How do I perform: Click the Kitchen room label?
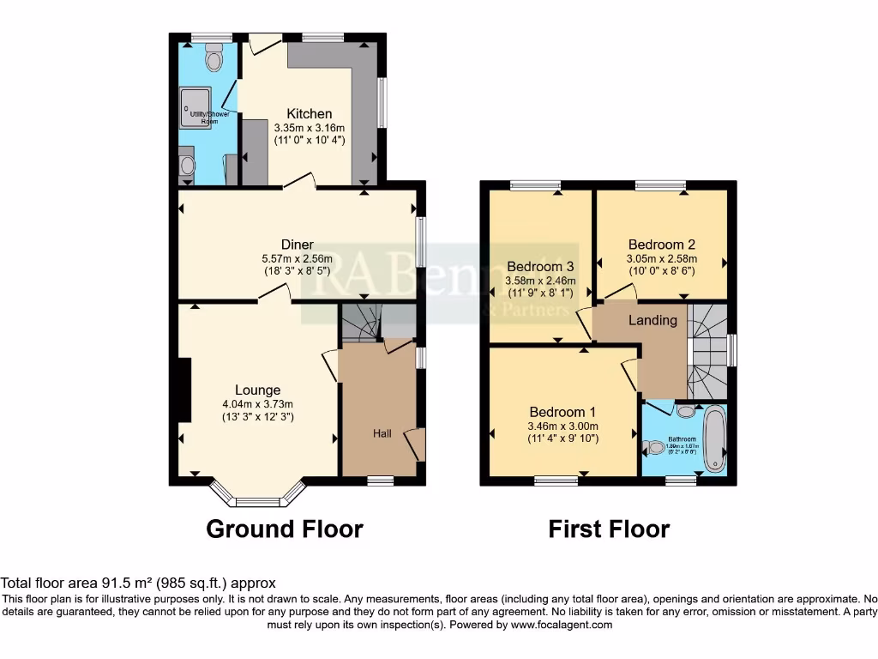[309, 113]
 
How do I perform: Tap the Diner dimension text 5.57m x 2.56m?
[297, 259]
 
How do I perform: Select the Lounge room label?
[258, 390]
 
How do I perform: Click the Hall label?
[382, 433]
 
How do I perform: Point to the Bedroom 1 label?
[563, 410]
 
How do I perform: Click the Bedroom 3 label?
[539, 266]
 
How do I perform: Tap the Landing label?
[652, 320]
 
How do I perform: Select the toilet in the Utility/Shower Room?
[213, 58]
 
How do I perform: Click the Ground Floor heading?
[285, 529]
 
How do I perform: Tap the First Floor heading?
[609, 529]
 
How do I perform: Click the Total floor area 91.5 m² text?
[138, 583]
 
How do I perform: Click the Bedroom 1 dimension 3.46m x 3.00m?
[563, 426]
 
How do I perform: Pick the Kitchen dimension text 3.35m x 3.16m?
[309, 127]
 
